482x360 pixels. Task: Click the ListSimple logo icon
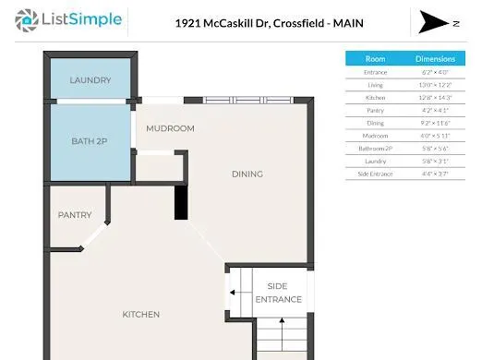coord(28,18)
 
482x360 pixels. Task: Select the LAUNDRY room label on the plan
coord(90,80)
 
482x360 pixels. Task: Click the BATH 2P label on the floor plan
coord(90,141)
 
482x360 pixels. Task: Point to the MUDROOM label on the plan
coord(170,128)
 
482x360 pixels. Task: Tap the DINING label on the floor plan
coord(247,174)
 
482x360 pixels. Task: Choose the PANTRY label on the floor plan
coord(75,215)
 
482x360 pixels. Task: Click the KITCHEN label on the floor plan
coord(141,315)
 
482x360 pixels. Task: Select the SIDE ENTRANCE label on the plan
coord(278,293)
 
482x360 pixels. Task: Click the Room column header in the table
coord(375,58)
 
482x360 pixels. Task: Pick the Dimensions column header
coord(435,58)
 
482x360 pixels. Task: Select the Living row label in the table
coord(375,84)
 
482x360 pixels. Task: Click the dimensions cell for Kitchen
coord(435,97)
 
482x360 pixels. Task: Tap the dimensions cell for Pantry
coord(435,110)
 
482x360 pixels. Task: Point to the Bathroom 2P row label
coord(375,148)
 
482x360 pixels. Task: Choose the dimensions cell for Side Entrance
coord(435,174)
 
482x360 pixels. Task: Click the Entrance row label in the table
coord(375,71)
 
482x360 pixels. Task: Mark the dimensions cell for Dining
coord(435,122)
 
